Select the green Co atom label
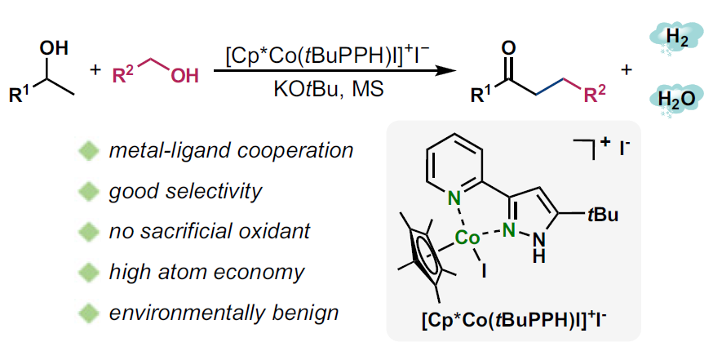(x=468, y=238)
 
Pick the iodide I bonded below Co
(x=484, y=273)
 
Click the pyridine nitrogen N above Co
(x=454, y=198)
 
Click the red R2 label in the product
(x=595, y=96)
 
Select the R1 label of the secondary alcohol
(x=20, y=95)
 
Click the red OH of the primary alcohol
(x=184, y=77)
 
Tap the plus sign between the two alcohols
(x=96, y=71)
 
